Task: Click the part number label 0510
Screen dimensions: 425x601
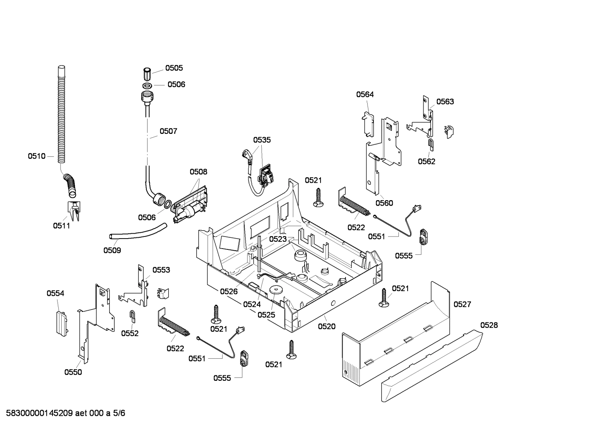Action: tap(36, 156)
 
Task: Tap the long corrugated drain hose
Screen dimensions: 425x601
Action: tap(62, 117)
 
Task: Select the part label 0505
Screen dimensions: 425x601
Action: tap(174, 68)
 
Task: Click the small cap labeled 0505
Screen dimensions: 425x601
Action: tap(147, 74)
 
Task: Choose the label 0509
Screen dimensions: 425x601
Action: tap(112, 250)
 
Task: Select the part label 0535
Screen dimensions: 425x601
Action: tap(262, 140)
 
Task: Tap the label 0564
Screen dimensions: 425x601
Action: tap(365, 94)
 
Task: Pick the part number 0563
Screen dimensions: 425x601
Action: tap(445, 101)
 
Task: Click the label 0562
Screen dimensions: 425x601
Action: tap(426, 161)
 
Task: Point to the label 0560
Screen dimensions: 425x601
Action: tap(384, 203)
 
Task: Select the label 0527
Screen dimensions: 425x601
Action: tap(462, 304)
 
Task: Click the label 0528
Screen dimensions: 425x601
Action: tap(489, 325)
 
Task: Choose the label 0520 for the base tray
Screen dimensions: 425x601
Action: tap(327, 327)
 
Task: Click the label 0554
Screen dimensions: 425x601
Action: tap(55, 294)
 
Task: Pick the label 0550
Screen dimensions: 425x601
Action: tap(73, 372)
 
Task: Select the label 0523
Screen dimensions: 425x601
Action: tap(278, 239)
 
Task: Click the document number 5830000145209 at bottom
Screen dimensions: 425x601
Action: tap(38, 413)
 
